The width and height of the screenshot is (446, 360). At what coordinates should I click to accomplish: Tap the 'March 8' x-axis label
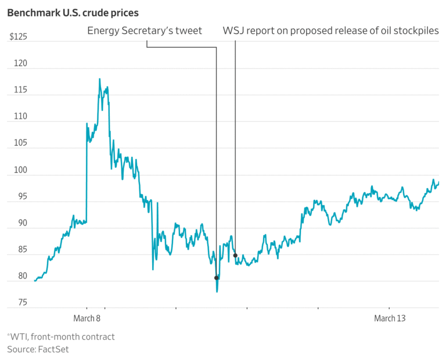click(87, 318)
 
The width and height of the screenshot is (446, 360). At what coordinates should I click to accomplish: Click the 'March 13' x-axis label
click(389, 318)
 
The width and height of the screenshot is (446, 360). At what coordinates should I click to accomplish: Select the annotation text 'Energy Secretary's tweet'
click(145, 31)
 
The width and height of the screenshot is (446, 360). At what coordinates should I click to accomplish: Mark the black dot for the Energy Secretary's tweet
click(217, 278)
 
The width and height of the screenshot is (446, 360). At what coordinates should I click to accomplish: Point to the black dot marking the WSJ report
click(235, 255)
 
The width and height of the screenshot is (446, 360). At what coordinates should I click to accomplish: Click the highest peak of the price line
click(99, 79)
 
